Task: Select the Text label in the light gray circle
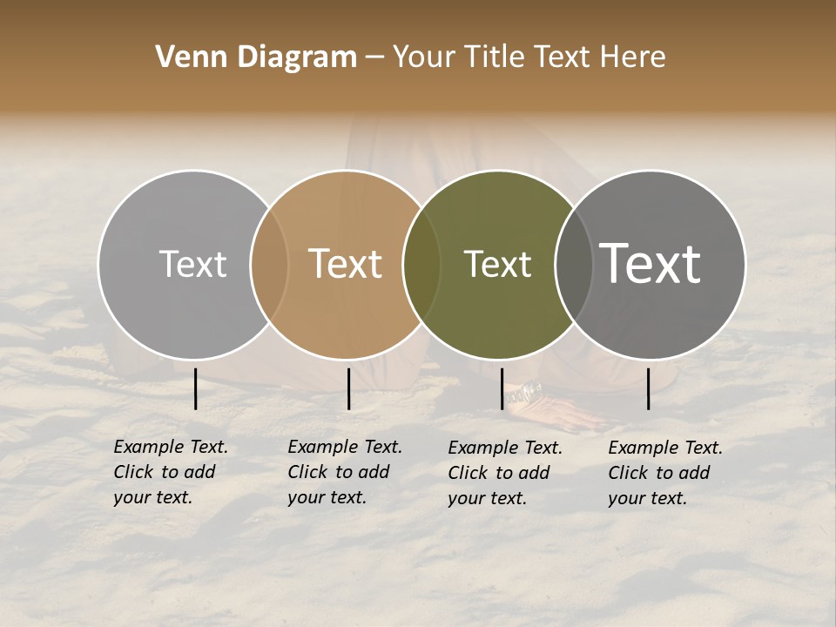(x=193, y=265)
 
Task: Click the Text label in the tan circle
(x=346, y=265)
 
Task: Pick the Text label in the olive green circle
(x=497, y=265)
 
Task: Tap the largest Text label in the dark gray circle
(x=651, y=265)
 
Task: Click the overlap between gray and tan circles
(x=269, y=265)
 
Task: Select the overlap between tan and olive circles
(x=421, y=265)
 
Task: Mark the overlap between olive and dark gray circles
(x=574, y=265)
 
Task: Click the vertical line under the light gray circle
(x=196, y=388)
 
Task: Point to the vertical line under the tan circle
(x=348, y=388)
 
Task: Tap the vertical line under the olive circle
(x=502, y=388)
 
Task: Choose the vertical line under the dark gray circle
(x=649, y=388)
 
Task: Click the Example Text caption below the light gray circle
(x=170, y=472)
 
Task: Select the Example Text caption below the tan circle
(x=344, y=472)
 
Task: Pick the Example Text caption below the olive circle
(x=504, y=473)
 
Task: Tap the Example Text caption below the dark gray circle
(x=664, y=473)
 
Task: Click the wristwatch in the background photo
(x=526, y=394)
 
